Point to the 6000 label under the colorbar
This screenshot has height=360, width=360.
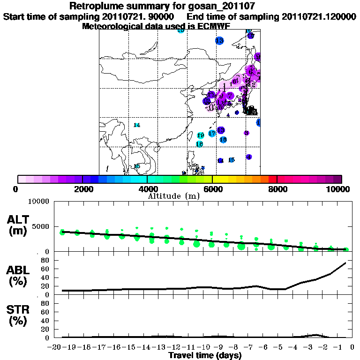pos(212,189)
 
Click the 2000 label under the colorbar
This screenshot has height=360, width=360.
pos(82,189)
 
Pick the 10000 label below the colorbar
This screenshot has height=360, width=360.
pos(340,189)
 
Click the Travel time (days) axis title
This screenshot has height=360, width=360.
pos(205,356)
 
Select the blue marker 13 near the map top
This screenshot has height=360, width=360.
pos(219,41)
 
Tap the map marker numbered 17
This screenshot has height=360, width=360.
pos(212,134)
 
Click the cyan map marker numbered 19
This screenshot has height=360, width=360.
pos(201,135)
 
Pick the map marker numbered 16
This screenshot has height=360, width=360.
pos(223,140)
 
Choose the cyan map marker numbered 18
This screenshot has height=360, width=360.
pos(199,144)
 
